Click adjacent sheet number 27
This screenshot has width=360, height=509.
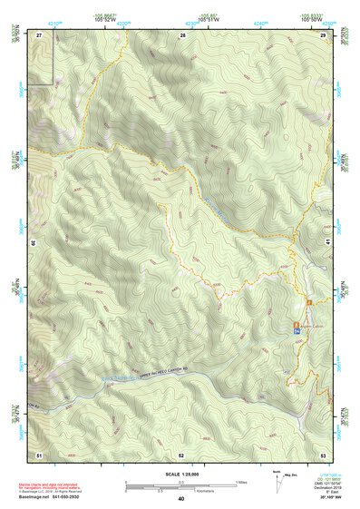click(x=39, y=34)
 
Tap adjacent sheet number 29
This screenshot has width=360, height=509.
click(x=323, y=34)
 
